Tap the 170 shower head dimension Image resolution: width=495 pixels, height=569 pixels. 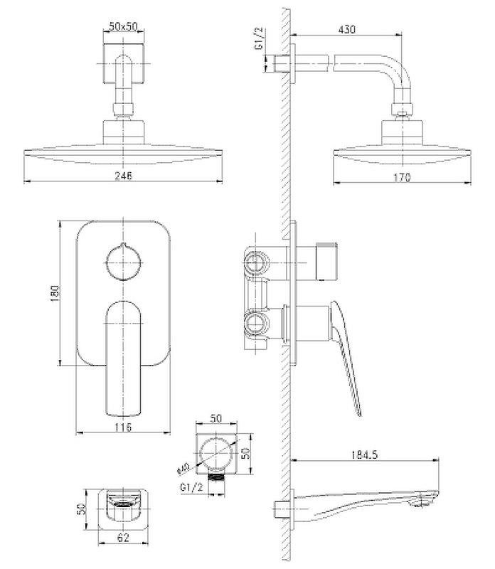pos(402,178)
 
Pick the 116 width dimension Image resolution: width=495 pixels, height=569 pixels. pos(124,427)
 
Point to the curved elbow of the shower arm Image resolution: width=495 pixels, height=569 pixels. pos(399,78)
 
